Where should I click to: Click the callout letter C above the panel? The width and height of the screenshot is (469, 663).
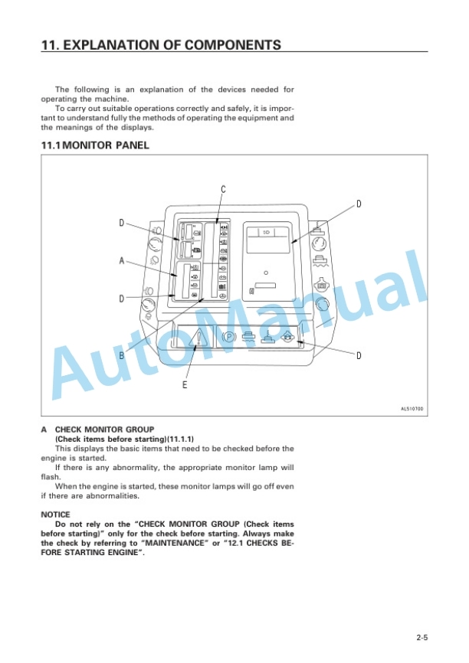point(224,189)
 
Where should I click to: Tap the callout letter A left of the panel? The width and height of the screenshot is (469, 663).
point(122,260)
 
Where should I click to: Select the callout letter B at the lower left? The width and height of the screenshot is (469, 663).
point(122,355)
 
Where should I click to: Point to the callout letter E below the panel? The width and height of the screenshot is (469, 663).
point(185,385)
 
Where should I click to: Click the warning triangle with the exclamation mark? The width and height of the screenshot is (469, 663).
point(199,338)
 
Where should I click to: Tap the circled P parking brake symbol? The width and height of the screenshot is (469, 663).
point(228,338)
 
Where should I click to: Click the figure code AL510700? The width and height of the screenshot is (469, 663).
point(412,409)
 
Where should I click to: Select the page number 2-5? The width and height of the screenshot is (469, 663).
point(422,637)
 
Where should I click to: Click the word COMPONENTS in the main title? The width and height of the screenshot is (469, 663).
point(233,45)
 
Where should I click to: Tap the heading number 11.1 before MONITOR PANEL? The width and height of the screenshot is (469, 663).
point(51,145)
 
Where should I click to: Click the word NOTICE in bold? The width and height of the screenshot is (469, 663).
point(55,514)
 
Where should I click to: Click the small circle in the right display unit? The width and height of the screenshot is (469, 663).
point(266,273)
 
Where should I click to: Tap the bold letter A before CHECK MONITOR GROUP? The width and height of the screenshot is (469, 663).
point(44,429)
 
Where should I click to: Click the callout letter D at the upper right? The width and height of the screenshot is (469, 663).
point(359,204)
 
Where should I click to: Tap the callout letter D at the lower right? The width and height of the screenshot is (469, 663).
point(359,355)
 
